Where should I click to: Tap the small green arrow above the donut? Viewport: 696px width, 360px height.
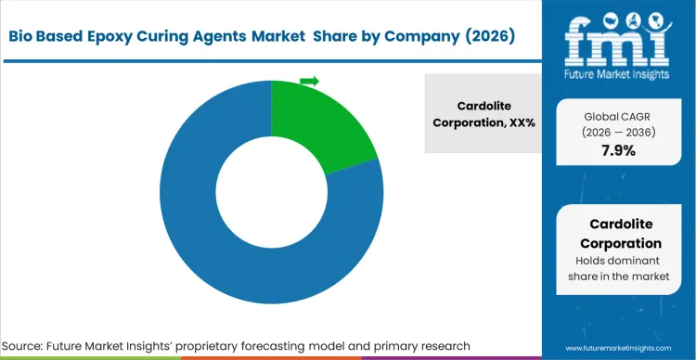309,82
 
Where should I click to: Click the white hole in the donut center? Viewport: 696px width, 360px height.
271,193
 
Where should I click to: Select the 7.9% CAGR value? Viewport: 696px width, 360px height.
617,150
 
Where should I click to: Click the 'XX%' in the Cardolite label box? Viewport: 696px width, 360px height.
520,122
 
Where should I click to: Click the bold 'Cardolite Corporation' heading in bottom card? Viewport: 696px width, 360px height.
617,233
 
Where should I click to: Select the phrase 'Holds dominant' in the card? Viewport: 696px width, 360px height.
617,260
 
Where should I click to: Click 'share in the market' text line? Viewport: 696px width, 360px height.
617,276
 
